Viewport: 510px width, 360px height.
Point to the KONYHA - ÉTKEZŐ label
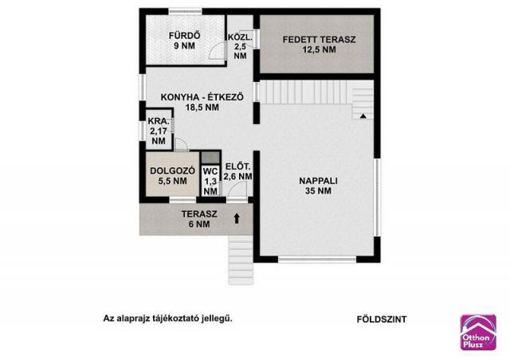pos(202,101)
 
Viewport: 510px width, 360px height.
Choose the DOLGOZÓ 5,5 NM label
pos(168,175)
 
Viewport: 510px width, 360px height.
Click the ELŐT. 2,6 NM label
pos(238,172)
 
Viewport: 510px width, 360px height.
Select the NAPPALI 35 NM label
pos(319,186)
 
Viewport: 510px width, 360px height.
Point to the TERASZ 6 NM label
pos(195,219)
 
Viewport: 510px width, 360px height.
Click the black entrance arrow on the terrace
pos(237,217)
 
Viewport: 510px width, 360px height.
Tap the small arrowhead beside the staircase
pos(363,115)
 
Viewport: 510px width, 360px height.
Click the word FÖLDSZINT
pos(382,319)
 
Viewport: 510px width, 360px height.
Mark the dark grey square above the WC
pos(209,157)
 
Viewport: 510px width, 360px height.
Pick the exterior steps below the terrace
pos(238,256)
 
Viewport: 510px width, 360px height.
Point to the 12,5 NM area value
pos(319,49)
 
